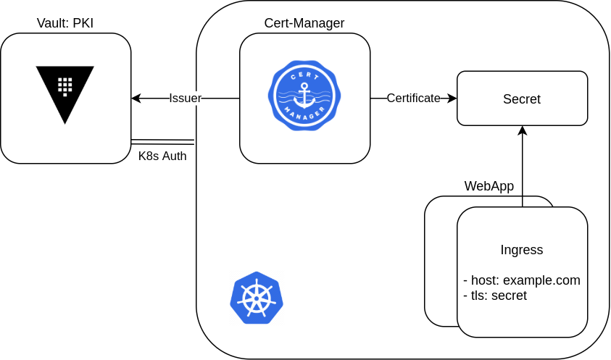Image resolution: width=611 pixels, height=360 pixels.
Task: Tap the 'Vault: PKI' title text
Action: [65, 23]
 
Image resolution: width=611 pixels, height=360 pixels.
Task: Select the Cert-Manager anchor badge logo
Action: [304, 97]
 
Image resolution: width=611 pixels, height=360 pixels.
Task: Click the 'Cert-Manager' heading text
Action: [304, 23]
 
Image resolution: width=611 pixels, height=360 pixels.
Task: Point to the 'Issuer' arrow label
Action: [185, 98]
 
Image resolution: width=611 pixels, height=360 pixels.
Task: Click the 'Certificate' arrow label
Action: [413, 98]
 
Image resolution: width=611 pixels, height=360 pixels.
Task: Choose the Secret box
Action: [522, 99]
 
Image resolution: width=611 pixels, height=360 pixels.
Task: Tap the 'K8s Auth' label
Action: [162, 156]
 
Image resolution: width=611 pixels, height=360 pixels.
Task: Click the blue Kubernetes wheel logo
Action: [257, 298]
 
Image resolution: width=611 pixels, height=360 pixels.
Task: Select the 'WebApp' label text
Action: [489, 186]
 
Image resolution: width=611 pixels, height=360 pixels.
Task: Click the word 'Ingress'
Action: [522, 250]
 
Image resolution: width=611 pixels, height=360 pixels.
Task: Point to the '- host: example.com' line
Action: [522, 280]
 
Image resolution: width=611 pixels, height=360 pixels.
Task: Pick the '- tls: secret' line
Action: [495, 296]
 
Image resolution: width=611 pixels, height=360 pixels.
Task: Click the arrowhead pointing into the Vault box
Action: [136, 98]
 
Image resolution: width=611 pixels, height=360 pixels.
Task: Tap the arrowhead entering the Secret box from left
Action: [452, 98]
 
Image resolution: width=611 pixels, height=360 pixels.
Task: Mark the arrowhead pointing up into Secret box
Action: [522, 130]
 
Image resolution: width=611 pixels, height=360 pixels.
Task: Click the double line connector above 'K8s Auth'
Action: [163, 141]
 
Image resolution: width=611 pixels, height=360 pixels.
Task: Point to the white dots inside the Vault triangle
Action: [65, 85]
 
